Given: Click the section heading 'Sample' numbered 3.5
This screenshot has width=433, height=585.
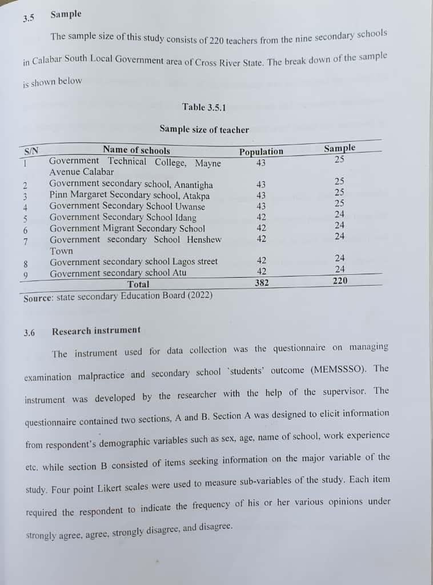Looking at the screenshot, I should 66,14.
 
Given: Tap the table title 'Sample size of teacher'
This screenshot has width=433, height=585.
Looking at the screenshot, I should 204,130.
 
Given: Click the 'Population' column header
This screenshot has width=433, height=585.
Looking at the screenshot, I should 261,151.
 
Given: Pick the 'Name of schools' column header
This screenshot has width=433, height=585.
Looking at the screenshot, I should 136,150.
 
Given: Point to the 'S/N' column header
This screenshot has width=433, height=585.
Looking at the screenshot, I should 31,151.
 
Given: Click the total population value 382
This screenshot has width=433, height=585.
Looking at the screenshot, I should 262,282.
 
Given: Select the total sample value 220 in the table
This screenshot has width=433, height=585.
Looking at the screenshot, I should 339,281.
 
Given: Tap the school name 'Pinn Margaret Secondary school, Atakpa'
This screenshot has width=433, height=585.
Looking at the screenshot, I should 129,195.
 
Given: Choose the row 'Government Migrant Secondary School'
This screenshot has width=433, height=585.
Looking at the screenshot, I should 127,229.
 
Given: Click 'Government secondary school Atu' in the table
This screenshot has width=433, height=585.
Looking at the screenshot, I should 118,273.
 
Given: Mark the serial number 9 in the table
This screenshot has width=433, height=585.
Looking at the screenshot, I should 26,274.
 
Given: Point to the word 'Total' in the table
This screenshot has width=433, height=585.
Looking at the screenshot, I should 138,284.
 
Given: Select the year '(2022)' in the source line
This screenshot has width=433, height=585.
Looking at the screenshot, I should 201,295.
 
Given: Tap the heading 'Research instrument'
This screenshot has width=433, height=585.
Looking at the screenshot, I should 96,330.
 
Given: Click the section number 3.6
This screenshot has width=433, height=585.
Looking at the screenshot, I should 30,332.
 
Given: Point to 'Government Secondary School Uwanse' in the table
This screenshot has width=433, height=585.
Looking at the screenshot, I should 127,206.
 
